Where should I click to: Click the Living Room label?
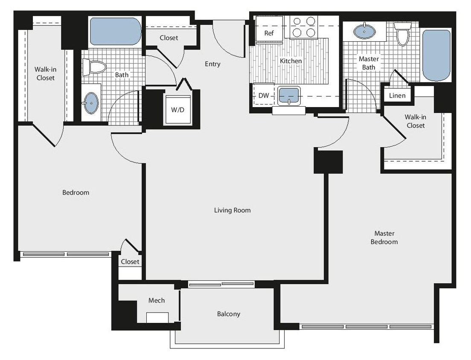[233, 210]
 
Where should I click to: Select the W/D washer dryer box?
[178, 110]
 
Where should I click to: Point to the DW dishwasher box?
[264, 96]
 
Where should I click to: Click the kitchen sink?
[289, 96]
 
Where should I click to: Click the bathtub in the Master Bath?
[436, 55]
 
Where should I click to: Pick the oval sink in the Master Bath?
[365, 31]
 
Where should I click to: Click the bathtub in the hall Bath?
[115, 31]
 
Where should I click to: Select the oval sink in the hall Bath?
[91, 103]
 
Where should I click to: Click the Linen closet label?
[397, 96]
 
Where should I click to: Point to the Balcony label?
[229, 314]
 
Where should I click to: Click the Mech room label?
[156, 300]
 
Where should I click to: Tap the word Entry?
[212, 64]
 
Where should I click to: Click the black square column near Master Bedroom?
[329, 162]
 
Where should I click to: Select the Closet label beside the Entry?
[169, 38]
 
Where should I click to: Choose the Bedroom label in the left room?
[76, 192]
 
